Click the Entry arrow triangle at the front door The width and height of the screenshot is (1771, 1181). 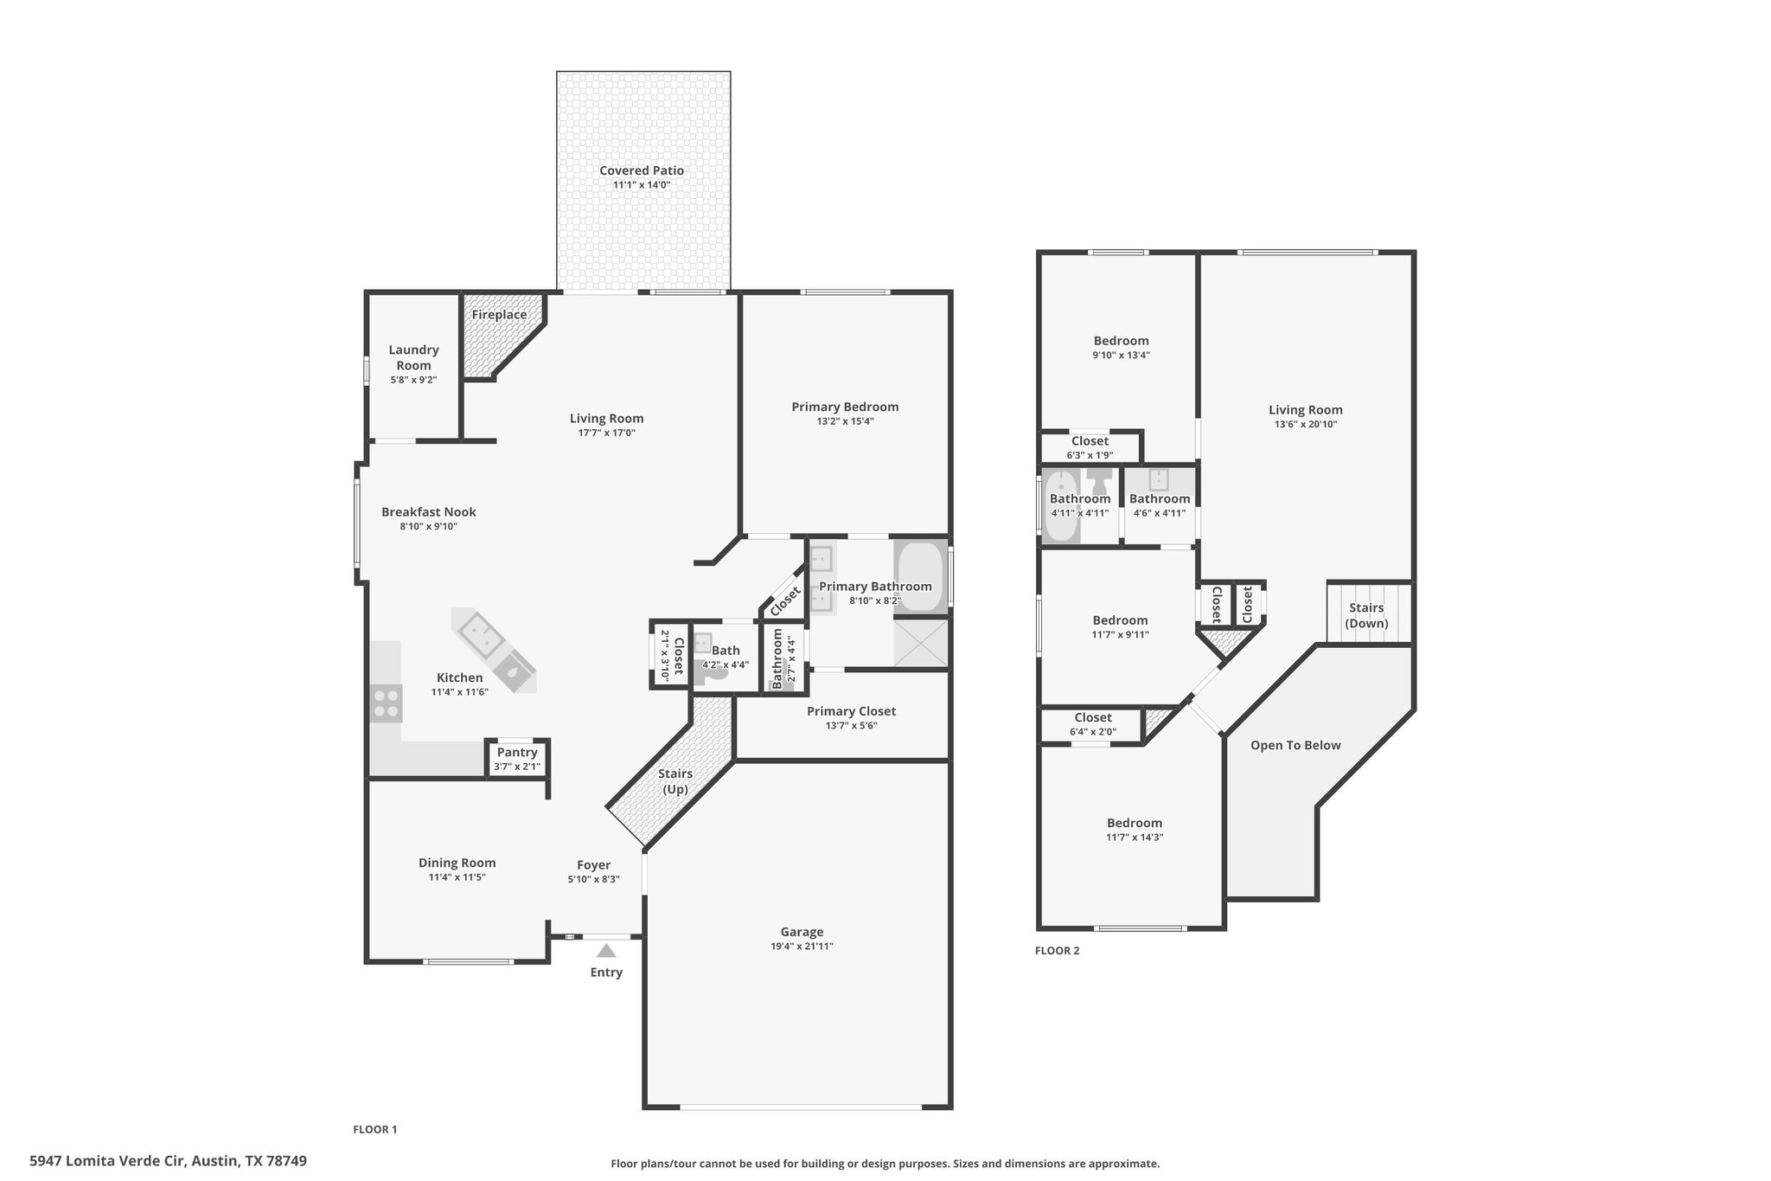point(606,951)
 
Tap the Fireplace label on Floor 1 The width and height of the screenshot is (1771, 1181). point(499,315)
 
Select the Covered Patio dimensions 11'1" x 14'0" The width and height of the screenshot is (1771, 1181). point(642,184)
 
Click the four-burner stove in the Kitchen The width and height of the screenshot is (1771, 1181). point(386,703)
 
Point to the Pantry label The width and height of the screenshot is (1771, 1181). point(517,753)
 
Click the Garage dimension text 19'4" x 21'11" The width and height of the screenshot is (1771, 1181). point(802,947)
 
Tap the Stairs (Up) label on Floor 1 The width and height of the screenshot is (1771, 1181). point(675,781)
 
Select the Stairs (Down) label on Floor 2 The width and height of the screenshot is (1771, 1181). point(1366,615)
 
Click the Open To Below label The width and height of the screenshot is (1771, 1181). point(1295,745)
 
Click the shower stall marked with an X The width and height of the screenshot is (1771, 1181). point(921,643)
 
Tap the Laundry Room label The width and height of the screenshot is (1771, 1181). point(413,357)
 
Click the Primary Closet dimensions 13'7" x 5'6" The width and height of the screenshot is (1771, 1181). point(851,726)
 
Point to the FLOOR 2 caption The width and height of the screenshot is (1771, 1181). point(1057,951)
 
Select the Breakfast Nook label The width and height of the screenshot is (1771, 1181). point(428,512)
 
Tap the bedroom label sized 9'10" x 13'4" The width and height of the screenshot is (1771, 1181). point(1121,341)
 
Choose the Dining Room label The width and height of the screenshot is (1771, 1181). point(457,863)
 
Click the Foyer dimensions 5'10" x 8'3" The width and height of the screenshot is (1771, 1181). point(593,879)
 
